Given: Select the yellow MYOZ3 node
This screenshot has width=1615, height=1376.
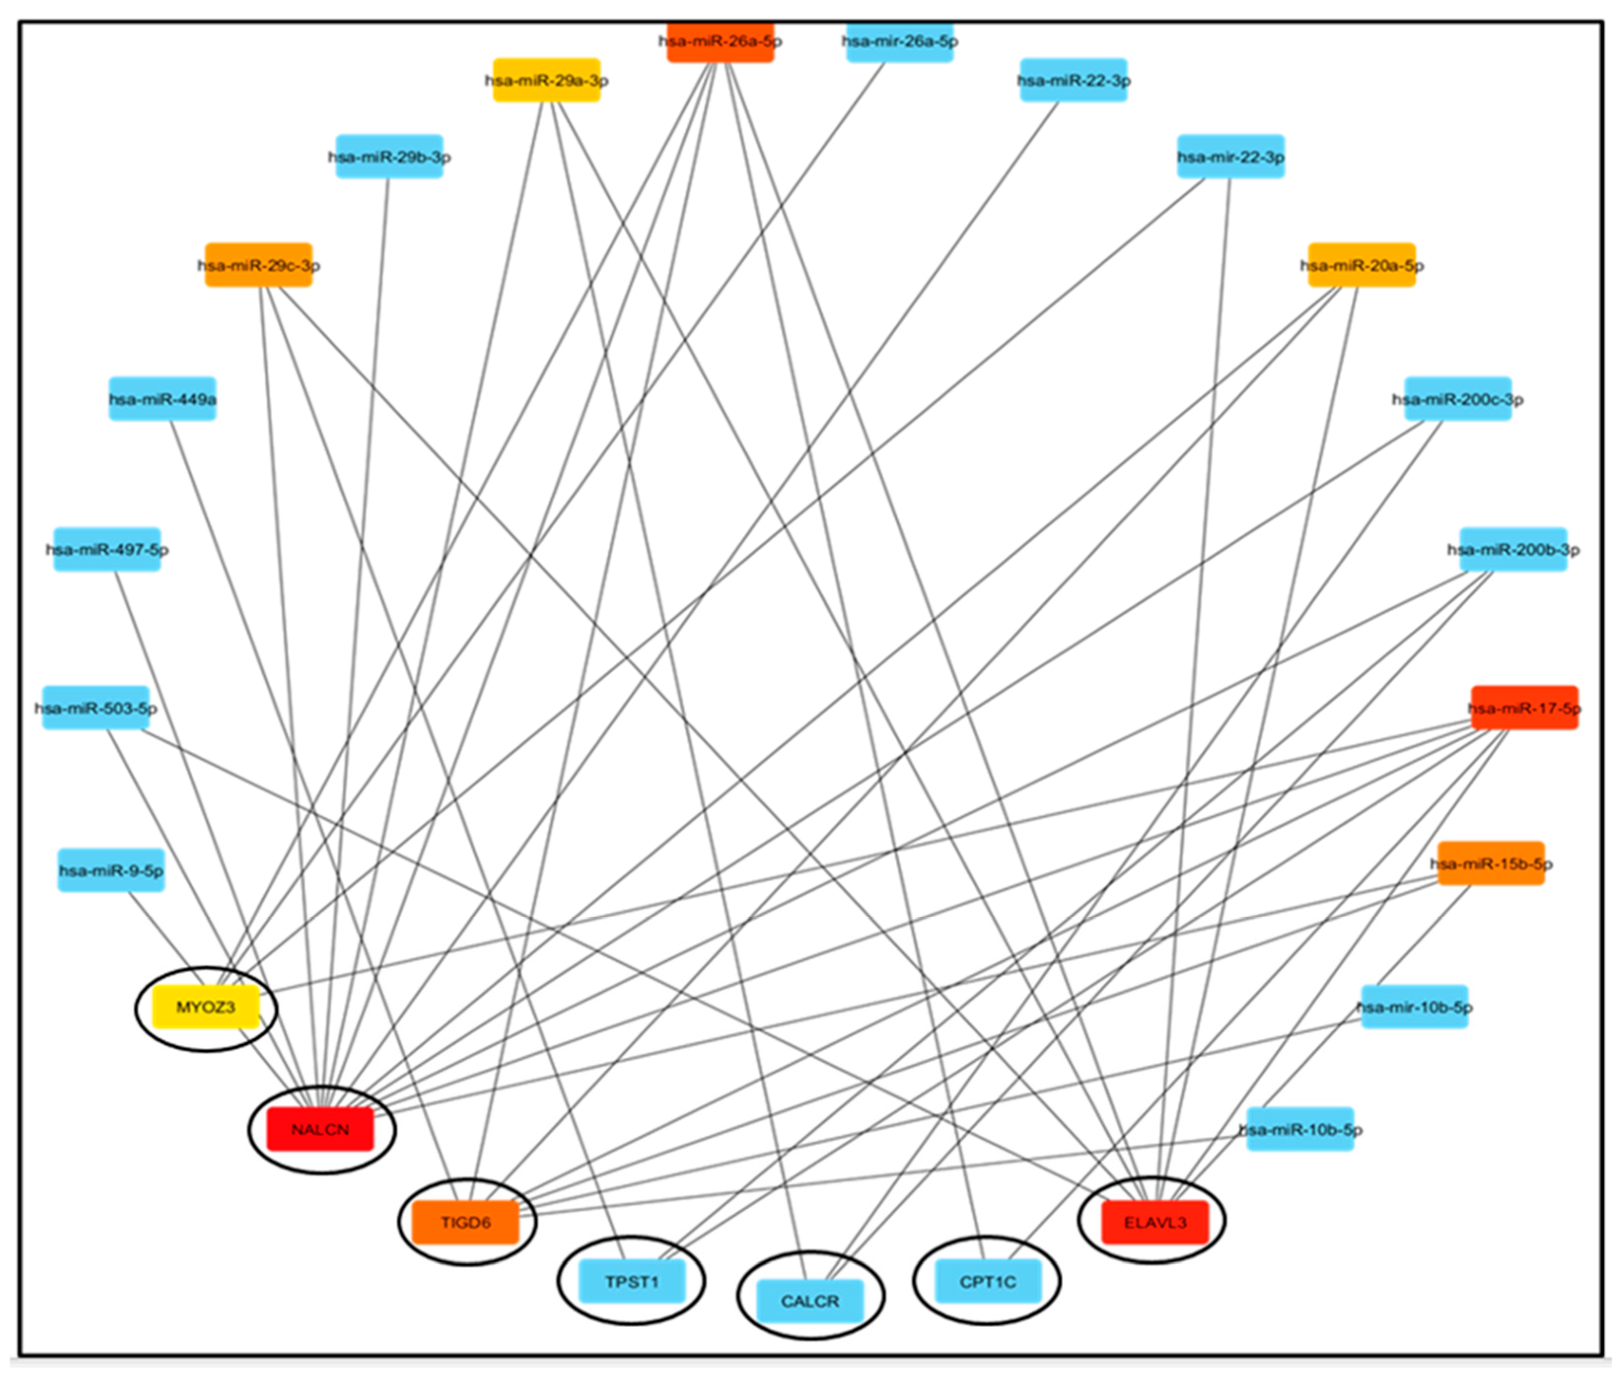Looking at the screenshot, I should [x=205, y=1007].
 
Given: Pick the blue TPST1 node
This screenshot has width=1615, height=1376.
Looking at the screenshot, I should [x=632, y=1281].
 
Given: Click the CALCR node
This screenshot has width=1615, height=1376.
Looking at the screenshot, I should [x=810, y=1301].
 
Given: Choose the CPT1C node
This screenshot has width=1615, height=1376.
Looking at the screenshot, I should [x=987, y=1281].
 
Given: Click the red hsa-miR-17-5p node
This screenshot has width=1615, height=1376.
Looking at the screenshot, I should [x=1524, y=708].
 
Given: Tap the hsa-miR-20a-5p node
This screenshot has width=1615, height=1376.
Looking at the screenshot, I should [x=1361, y=265].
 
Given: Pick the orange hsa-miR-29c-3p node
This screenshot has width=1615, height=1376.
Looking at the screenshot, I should [x=258, y=265].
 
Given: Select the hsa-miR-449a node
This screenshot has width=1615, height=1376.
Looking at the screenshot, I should [x=162, y=399].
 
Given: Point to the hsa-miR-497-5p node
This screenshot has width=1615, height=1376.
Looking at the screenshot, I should [x=107, y=549].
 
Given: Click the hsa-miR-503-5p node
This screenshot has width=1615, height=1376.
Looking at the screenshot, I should [x=95, y=708].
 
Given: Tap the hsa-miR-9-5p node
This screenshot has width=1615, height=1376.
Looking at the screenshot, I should [x=111, y=870].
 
